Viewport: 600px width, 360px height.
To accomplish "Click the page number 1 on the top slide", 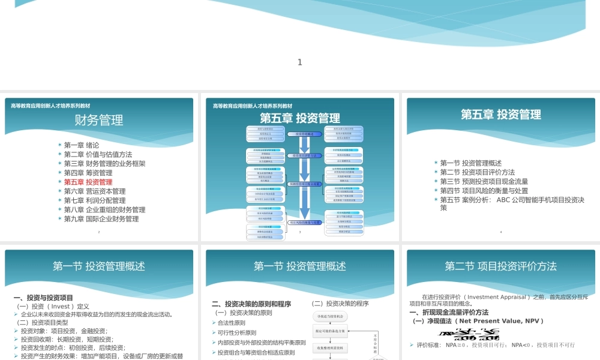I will click(300, 62).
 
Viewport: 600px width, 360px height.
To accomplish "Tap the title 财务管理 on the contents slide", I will click(99, 120).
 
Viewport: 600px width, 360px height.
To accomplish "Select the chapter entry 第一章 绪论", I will click(82, 145).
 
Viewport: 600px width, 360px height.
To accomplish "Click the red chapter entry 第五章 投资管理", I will click(88, 182).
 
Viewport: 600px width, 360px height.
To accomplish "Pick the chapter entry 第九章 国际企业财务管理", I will click(101, 219).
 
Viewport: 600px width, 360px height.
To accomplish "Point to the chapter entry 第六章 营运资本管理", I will click(95, 191).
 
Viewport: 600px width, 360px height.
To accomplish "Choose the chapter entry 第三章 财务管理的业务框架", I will click(104, 164).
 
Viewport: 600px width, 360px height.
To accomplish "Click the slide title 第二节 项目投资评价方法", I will click(500, 266).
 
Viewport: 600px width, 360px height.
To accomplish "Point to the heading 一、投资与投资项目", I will click(43, 298).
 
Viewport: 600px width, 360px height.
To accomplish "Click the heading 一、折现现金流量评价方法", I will click(449, 313).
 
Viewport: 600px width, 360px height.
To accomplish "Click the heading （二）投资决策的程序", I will click(340, 304).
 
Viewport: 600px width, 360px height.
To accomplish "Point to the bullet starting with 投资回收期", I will click(67, 339).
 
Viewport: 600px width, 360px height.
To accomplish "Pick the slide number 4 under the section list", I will click(500, 232).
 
